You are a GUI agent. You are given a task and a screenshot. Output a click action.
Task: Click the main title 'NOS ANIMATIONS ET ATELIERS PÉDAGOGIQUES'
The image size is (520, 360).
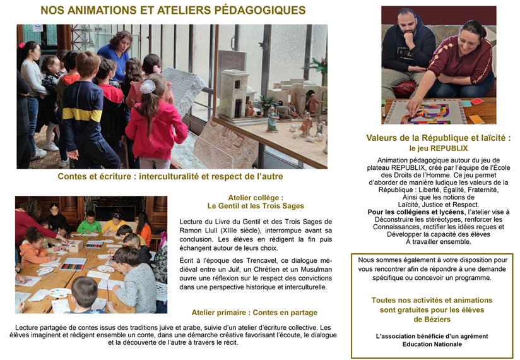(173, 10)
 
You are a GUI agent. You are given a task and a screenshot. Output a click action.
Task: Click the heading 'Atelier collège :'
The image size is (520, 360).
(256, 196)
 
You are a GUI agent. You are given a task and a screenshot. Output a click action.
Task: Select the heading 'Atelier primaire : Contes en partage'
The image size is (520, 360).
(254, 312)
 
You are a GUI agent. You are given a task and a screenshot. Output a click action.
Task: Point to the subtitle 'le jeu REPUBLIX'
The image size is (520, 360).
(438, 148)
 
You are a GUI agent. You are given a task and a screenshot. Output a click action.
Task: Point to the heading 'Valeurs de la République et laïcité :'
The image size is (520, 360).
(438, 137)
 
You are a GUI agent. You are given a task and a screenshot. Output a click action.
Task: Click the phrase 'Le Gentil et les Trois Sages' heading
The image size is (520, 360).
(256, 205)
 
